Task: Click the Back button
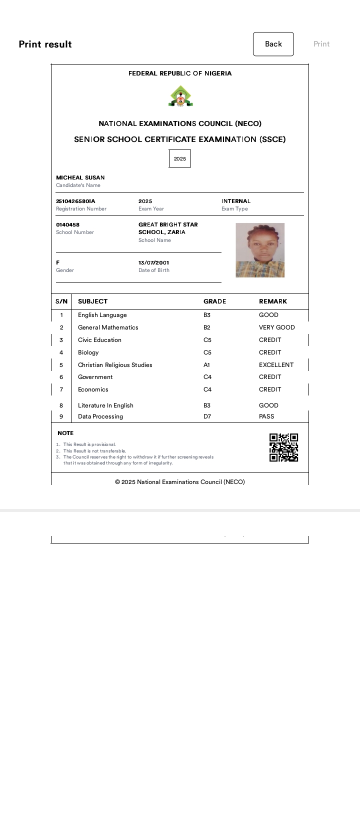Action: tap(273, 44)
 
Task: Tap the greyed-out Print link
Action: tap(321, 44)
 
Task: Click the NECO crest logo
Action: tap(180, 96)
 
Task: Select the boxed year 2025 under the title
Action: tap(180, 158)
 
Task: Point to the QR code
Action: tap(283, 447)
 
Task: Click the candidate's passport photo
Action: tap(260, 250)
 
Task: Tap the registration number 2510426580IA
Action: tap(75, 201)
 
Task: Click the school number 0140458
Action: tap(67, 225)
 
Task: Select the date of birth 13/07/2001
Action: tap(153, 262)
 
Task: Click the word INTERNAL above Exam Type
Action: tap(236, 201)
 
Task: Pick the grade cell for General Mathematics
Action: tap(207, 327)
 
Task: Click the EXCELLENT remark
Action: tap(276, 365)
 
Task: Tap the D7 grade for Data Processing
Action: tap(207, 416)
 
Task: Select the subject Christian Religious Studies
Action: tap(115, 365)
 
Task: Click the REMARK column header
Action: tap(273, 301)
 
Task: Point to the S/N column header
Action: tap(61, 301)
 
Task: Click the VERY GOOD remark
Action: tap(276, 327)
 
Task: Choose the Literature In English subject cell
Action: tap(105, 405)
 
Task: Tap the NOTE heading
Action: tap(65, 433)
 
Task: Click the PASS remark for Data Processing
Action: tap(266, 416)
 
